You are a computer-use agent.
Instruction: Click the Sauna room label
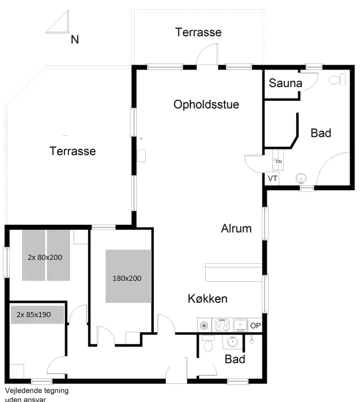[286, 84]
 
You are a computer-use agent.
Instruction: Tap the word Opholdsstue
[206, 105]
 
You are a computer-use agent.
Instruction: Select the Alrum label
[236, 229]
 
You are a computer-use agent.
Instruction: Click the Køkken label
[208, 298]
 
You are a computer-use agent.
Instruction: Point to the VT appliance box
[273, 178]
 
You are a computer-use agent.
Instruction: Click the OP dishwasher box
[256, 326]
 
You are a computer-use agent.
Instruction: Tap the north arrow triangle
[58, 25]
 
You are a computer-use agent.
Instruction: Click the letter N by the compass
[75, 40]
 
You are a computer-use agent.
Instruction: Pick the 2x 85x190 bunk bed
[37, 314]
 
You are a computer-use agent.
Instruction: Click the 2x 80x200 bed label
[46, 256]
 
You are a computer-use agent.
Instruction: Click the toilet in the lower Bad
[208, 344]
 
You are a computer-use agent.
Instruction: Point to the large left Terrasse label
[72, 152]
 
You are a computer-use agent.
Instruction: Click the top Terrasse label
[198, 32]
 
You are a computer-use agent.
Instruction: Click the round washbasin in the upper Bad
[302, 179]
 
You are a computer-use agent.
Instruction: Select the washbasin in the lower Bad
[232, 341]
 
